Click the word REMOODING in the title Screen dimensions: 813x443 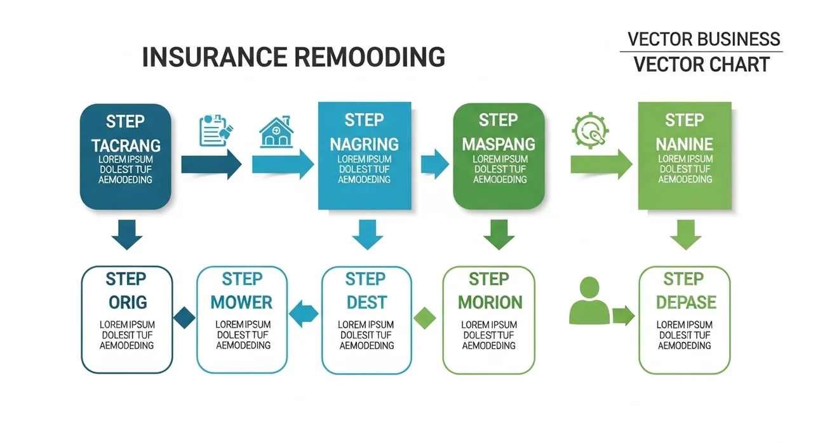point(369,57)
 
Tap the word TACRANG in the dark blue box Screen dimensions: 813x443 point(126,146)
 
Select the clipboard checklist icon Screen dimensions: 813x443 point(215,130)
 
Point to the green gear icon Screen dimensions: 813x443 point(590,131)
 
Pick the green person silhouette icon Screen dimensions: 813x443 point(589,301)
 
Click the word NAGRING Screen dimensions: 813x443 point(364,144)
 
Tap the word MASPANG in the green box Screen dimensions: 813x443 point(499,144)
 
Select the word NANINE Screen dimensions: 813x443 point(685,144)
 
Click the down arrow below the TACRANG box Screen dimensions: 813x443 point(126,235)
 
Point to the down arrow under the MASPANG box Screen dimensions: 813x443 point(499,235)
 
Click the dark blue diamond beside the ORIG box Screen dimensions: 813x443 point(184,317)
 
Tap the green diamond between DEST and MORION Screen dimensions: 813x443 point(425,318)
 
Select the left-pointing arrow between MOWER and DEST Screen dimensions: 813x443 point(304,314)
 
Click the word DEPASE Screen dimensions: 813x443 point(686,302)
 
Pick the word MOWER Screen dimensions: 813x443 point(241,302)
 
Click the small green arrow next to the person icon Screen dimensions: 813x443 point(624,315)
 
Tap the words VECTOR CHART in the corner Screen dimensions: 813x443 point(702,65)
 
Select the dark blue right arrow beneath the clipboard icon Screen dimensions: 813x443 point(212,164)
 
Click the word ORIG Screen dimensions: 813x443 point(128,302)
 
